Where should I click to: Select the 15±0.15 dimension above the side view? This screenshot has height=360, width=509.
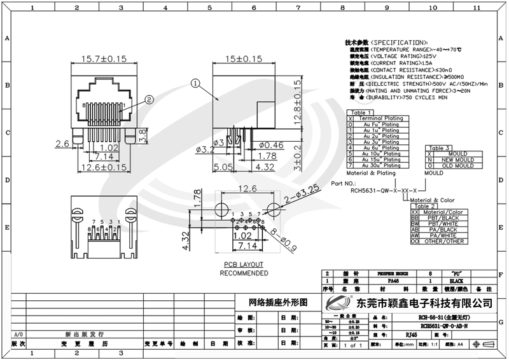pos(244,59)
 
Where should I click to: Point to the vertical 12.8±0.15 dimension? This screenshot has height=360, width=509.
pos(296,102)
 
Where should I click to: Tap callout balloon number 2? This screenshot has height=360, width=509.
pos(148,99)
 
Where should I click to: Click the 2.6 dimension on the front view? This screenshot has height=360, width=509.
pos(62,144)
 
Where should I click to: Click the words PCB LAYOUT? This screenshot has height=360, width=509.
pos(243,265)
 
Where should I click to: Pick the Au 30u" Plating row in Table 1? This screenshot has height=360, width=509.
pos(381,165)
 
